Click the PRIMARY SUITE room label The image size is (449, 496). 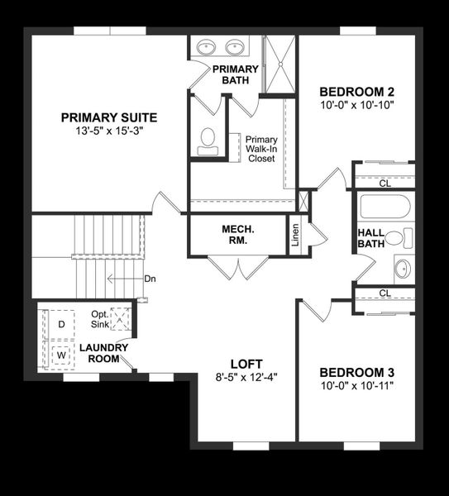108,117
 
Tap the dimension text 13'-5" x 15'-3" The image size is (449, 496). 108,131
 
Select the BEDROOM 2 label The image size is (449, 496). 356,91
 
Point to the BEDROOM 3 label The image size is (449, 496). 356,372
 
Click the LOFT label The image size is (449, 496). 246,364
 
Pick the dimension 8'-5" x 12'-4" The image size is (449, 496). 246,378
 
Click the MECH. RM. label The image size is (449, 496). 236,234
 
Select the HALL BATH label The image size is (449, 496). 370,238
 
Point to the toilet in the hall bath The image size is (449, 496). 399,239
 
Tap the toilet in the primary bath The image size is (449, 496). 208,141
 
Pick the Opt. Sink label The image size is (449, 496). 99,319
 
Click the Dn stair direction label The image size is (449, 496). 150,279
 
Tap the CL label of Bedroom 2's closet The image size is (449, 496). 385,184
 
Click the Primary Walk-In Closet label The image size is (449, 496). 261,149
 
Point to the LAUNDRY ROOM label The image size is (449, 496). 103,353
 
